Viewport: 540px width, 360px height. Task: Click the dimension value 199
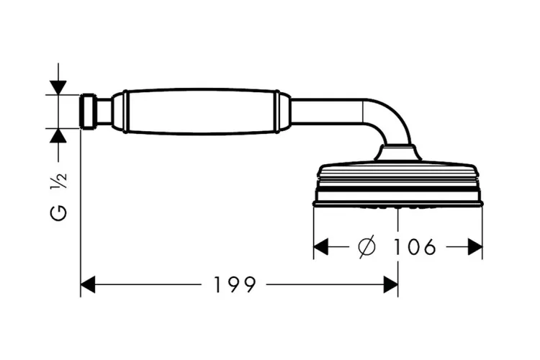pyautogui.click(x=235, y=284)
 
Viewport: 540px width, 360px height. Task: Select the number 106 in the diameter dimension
pyautogui.click(x=414, y=247)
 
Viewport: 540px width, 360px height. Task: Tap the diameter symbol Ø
pyautogui.click(x=367, y=247)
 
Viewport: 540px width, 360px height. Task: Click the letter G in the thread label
pyautogui.click(x=58, y=212)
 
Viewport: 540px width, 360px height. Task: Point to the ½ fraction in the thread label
pyautogui.click(x=58, y=181)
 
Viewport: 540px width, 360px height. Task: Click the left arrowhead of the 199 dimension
pyautogui.click(x=88, y=284)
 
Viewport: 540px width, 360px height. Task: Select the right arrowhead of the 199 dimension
pyautogui.click(x=390, y=284)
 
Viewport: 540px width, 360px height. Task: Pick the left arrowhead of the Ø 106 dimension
pyautogui.click(x=321, y=247)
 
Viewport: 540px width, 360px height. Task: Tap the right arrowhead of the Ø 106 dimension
pyautogui.click(x=475, y=247)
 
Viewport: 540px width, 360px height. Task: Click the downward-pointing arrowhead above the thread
pyautogui.click(x=58, y=88)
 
